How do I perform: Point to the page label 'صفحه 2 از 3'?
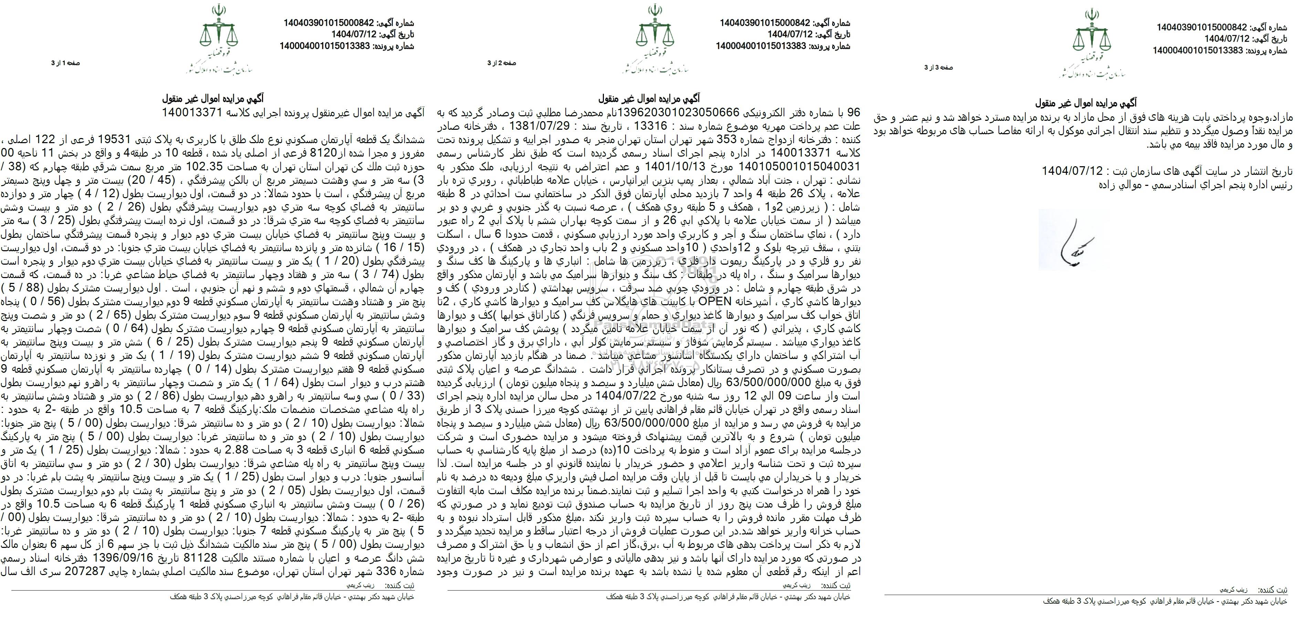502,63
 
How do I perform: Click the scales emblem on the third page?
1090,35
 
